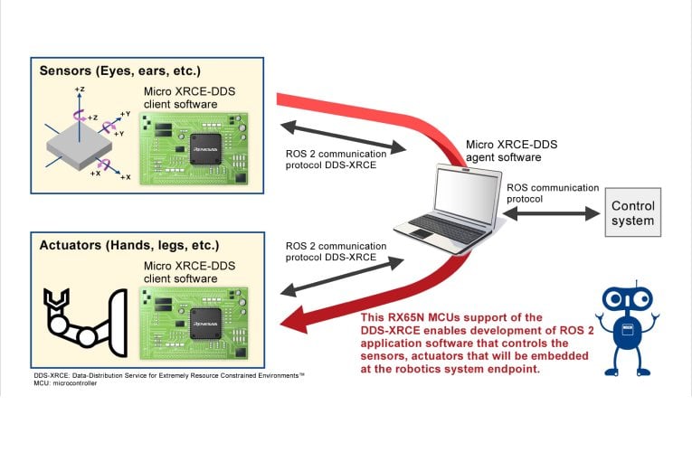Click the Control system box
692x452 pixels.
click(632, 213)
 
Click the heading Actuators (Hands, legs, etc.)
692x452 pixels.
click(129, 245)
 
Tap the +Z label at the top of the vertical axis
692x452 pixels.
click(81, 90)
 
